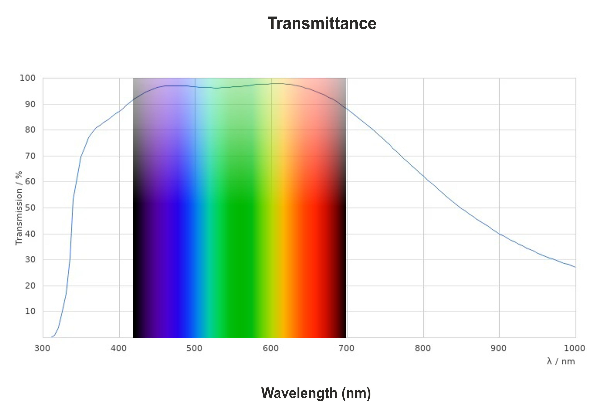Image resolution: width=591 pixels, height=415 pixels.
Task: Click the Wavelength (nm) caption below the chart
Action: [x=316, y=393]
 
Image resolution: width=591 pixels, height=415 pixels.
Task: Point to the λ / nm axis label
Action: [x=561, y=361]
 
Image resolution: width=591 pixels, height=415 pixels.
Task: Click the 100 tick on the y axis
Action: [x=28, y=78]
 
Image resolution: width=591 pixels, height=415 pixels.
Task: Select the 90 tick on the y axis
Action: [x=30, y=104]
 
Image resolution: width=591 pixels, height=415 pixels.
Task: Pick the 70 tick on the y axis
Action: [x=30, y=156]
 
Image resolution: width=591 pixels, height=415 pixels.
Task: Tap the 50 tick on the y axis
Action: [x=30, y=208]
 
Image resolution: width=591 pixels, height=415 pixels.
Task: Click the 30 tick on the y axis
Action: [x=30, y=259]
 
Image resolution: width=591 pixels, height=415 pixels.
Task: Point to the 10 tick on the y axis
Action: [x=30, y=311]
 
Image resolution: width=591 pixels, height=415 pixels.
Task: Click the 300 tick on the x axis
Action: [x=42, y=348]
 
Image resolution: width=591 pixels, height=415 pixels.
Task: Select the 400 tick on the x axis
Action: [x=119, y=348]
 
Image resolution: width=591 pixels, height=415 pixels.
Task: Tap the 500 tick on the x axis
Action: [x=195, y=348]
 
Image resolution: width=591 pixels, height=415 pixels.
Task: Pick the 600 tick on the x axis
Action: [x=271, y=348]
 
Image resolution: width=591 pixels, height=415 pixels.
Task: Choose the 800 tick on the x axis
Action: [x=423, y=348]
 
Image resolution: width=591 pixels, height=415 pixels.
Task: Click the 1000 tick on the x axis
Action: [x=575, y=348]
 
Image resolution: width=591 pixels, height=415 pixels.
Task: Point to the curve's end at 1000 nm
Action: [x=575, y=267]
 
